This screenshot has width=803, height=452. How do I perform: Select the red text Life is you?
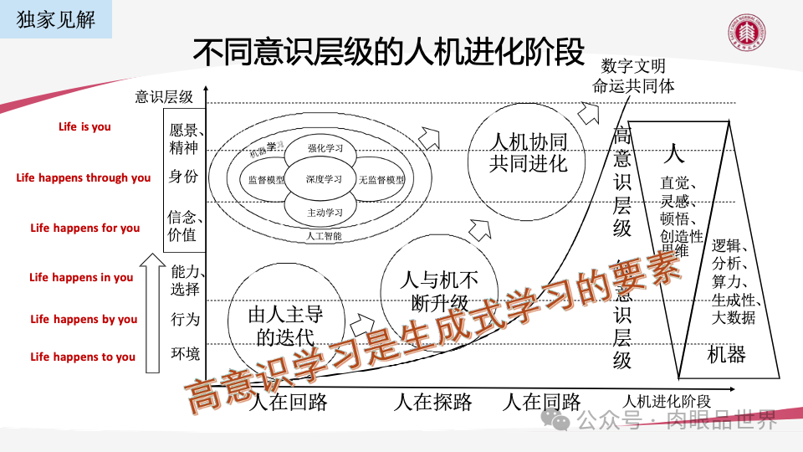tap(84, 127)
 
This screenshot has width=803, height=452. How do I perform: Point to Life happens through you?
tap(84, 177)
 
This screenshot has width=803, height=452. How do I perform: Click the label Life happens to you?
tap(83, 357)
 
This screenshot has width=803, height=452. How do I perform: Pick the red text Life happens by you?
tap(84, 319)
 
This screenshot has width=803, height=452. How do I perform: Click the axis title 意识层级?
tap(164, 96)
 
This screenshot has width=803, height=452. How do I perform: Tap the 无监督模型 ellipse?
tap(381, 180)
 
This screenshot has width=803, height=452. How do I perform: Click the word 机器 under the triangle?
tap(725, 354)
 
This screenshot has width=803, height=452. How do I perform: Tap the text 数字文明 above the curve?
tap(633, 65)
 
